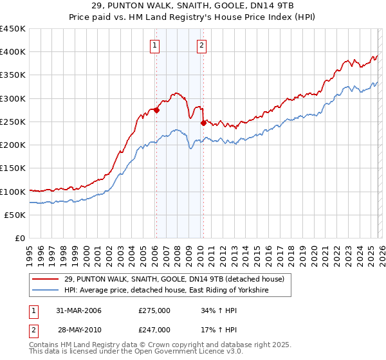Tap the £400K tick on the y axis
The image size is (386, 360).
tap(12, 52)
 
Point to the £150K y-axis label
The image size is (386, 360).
tap(12, 168)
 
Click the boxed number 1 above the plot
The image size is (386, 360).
tap(156, 45)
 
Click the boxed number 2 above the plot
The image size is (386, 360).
tap(202, 45)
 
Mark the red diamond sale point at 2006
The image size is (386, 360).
tap(156, 110)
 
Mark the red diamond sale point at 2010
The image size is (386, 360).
tap(203, 123)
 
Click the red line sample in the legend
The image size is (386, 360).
tap(46, 279)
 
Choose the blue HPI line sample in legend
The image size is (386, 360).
tap(46, 291)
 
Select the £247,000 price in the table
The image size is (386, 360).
tap(154, 329)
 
